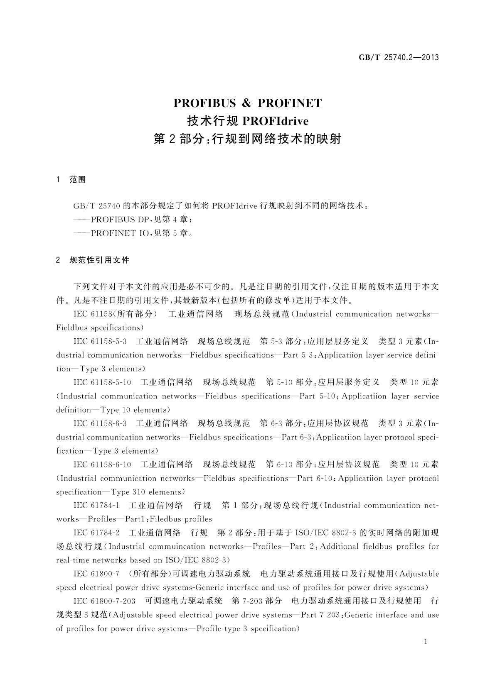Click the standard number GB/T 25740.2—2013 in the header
399,58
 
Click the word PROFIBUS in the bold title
204,103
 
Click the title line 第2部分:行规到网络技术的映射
247,139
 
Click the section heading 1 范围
71,180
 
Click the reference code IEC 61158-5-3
100,342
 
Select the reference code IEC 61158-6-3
100,423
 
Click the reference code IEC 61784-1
96,506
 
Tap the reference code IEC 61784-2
96,533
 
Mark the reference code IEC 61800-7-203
104,601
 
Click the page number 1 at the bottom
425,642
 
